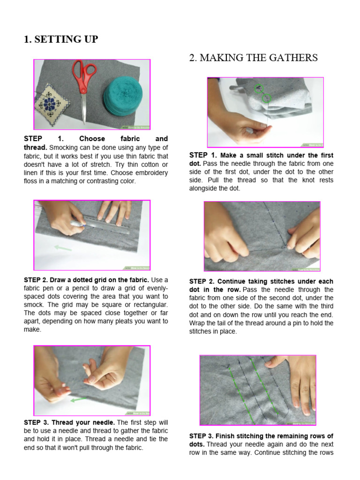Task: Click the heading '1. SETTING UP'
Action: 61,39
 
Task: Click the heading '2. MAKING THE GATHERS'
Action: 253,58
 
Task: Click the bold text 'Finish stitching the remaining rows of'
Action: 274,436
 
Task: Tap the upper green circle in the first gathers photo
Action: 258,88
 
